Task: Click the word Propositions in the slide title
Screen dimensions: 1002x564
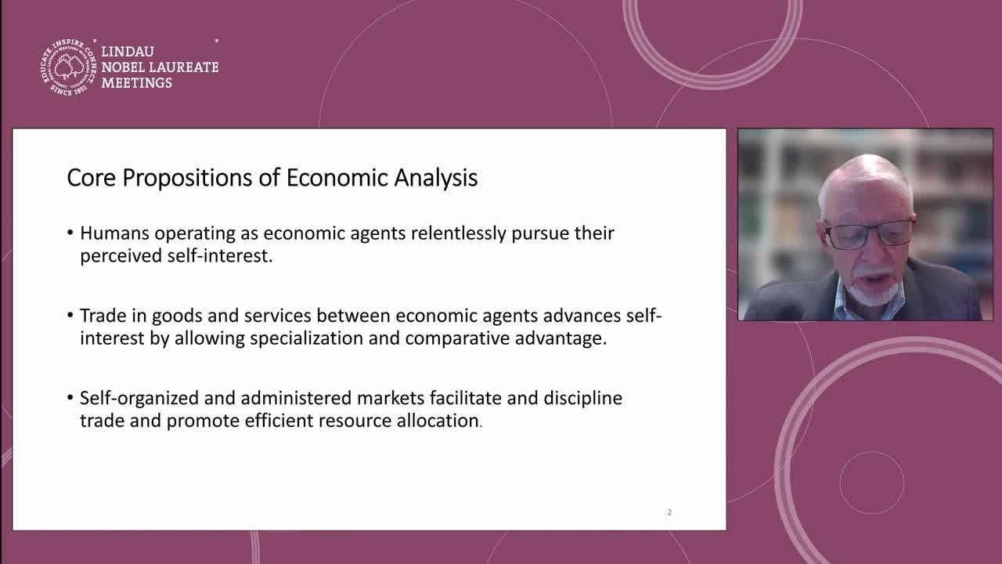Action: [187, 178]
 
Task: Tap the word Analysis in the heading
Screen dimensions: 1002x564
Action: [436, 178]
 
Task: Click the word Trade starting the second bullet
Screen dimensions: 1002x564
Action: [103, 316]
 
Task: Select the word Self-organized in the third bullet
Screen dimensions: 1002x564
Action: [139, 399]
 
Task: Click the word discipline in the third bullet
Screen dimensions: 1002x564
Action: [583, 398]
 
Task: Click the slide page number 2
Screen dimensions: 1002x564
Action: [669, 512]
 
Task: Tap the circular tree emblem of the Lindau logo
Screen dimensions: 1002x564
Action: [68, 67]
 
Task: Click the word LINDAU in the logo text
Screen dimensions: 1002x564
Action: [128, 52]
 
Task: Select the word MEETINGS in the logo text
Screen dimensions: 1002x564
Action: [136, 83]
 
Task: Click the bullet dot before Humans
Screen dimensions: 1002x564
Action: [70, 233]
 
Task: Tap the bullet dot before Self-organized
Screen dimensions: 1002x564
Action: [70, 397]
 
